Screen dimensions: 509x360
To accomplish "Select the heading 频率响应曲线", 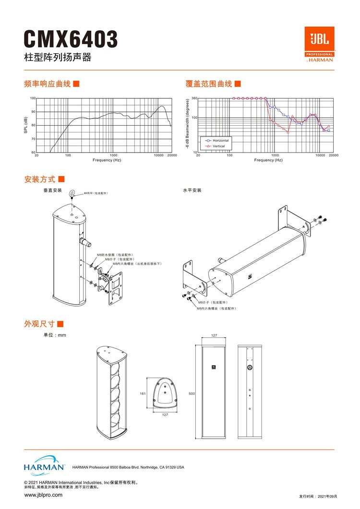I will pos(48,84).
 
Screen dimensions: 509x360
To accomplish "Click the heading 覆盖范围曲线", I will pos(209,84).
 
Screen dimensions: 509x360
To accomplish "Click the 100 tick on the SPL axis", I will pos(33,98).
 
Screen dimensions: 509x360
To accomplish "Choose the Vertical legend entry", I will pos(218,146).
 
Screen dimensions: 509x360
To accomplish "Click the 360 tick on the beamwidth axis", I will pos(194,98).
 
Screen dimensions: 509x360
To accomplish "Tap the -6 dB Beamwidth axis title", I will pos(187,125).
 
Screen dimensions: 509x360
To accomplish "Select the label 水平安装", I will pos(192,190).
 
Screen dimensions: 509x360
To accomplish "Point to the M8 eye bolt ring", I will pos(72,193).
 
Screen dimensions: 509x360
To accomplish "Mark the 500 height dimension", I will pos(192,393).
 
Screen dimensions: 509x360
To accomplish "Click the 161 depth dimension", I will pos(143,393).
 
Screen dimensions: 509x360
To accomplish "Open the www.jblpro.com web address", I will pos(43,495).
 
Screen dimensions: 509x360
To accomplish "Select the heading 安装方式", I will pos(40,179).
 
